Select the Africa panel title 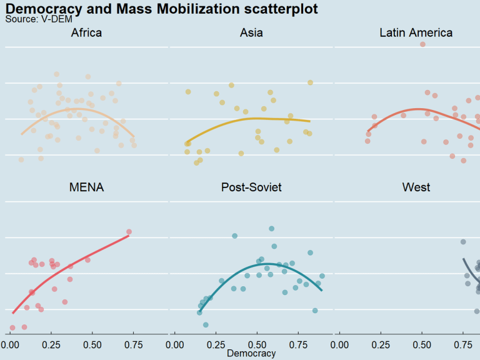(x=87, y=33)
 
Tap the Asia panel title (x=251, y=33)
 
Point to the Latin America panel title (x=416, y=33)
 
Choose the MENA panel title (x=87, y=187)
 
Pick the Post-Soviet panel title (x=251, y=187)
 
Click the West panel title (x=416, y=187)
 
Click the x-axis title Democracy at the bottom (x=251, y=354)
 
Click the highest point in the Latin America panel (x=422, y=44)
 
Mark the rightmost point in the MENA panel (x=129, y=232)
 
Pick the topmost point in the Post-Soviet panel (x=271, y=229)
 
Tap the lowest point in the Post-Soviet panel (x=206, y=325)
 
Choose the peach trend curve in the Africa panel (x=75, y=109)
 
